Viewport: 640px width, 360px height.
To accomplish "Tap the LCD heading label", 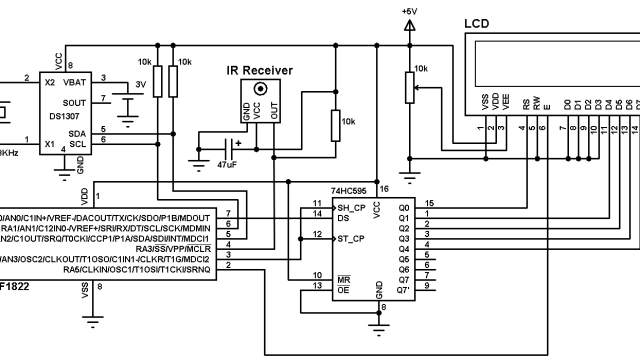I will (x=477, y=23).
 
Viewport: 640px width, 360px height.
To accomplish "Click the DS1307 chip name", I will (x=63, y=115).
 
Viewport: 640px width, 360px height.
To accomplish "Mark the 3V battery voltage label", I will (x=140, y=84).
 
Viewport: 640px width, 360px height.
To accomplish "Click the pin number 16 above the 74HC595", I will (x=383, y=187).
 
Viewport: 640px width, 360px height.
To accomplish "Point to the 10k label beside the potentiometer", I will (x=421, y=68).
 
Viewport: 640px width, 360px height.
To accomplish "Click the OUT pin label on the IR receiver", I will (x=273, y=113).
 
